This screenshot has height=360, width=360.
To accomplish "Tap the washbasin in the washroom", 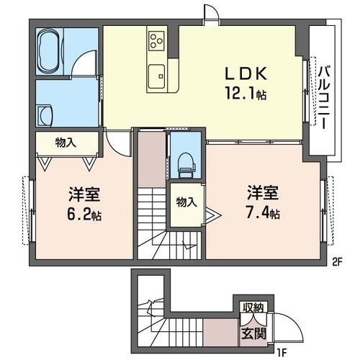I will [x=45, y=113].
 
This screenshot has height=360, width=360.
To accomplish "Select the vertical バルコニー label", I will [x=323, y=97].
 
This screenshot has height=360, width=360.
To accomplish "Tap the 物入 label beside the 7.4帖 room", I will [x=186, y=202].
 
